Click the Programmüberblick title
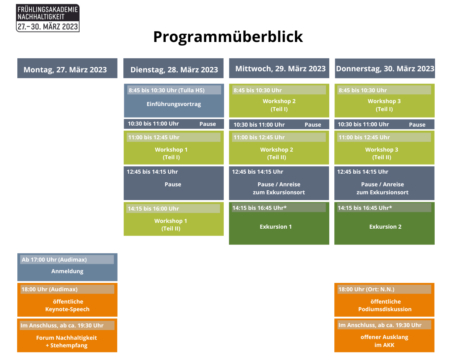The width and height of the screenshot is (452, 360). click(228, 37)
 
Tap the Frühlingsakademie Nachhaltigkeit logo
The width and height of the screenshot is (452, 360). click(48, 18)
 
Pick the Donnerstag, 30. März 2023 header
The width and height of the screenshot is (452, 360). click(385, 69)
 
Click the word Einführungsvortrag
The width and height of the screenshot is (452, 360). click(174, 104)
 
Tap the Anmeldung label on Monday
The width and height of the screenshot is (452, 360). click(67, 271)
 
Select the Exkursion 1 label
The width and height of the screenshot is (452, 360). click(275, 226)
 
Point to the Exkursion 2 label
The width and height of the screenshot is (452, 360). click(385, 226)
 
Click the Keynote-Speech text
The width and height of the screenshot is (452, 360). click(67, 309)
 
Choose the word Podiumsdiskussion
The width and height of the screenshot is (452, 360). click(385, 309)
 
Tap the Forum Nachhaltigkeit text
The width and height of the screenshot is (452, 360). click(66, 338)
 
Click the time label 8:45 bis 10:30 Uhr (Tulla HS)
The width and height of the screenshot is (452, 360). click(166, 90)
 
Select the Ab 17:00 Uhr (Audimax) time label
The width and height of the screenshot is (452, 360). click(54, 260)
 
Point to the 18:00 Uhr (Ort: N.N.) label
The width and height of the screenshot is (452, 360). click(366, 289)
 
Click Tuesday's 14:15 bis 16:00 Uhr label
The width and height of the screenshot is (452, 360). click(153, 208)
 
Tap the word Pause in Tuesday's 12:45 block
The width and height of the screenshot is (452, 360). click(173, 185)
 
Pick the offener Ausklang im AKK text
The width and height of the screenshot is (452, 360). click(384, 341)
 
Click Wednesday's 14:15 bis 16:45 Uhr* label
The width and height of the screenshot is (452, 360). click(259, 208)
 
